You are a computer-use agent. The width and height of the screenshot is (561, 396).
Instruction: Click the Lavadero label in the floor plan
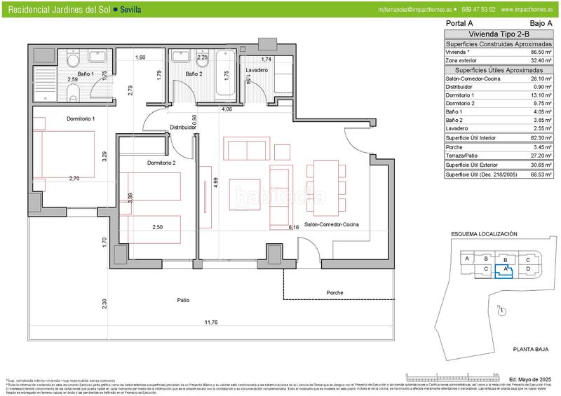tap(257, 71)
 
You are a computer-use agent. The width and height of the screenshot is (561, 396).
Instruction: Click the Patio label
tap(183, 300)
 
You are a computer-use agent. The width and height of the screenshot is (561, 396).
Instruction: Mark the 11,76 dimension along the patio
tap(210, 323)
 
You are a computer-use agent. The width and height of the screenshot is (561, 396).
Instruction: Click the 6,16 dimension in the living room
tap(294, 227)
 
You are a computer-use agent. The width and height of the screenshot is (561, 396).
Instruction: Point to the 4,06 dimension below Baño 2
tap(227, 109)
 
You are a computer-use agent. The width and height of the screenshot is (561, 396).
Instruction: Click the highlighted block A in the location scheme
tap(505, 269)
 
